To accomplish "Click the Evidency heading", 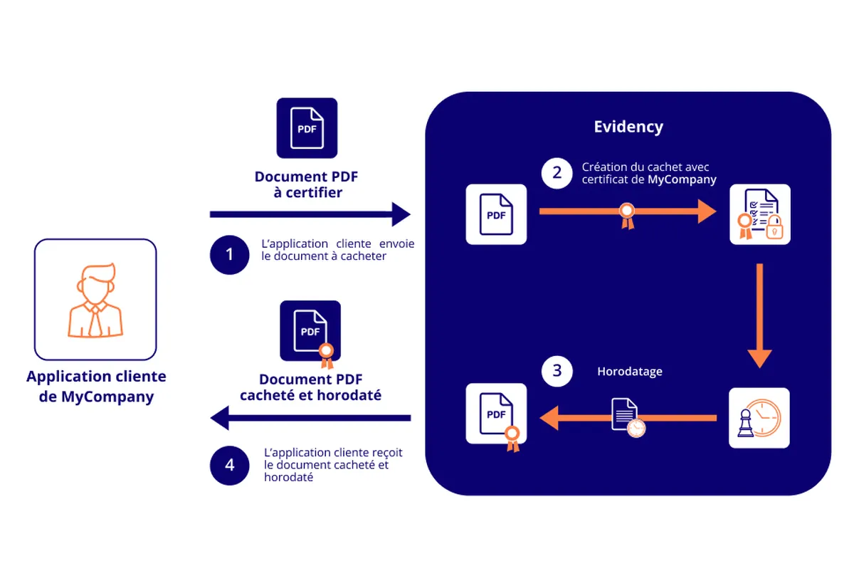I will pyautogui.click(x=628, y=127).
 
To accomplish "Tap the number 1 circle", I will pyautogui.click(x=229, y=254).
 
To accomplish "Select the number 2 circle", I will pyautogui.click(x=557, y=172).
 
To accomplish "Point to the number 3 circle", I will pyautogui.click(x=557, y=371).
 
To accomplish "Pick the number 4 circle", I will pyautogui.click(x=229, y=465).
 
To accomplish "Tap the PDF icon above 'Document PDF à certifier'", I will pyautogui.click(x=307, y=128).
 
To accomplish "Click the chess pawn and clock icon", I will pyautogui.click(x=759, y=418).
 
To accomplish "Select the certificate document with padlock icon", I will pyautogui.click(x=759, y=214).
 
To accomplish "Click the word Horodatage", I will pyautogui.click(x=630, y=372).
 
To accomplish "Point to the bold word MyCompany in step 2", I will pyautogui.click(x=681, y=180).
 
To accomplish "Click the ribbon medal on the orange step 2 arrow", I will pyautogui.click(x=626, y=214).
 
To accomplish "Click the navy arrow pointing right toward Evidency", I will pyautogui.click(x=310, y=214).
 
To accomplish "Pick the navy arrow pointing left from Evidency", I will pyautogui.click(x=310, y=417).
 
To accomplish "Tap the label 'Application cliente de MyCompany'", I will pyautogui.click(x=96, y=387).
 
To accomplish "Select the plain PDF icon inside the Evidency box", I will pyautogui.click(x=496, y=214).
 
